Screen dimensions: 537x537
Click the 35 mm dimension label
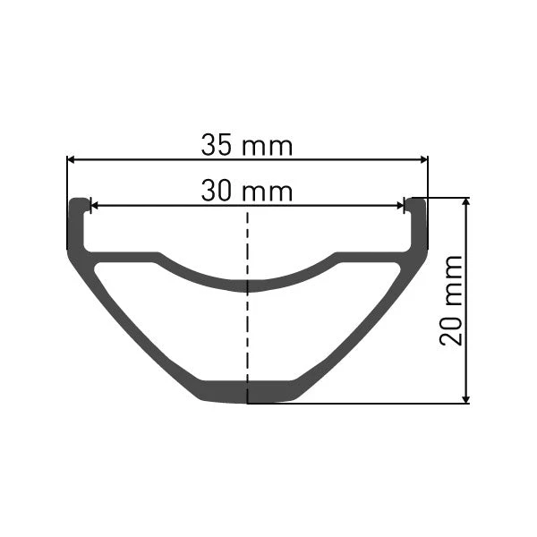point(247,145)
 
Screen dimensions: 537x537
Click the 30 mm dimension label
point(247,191)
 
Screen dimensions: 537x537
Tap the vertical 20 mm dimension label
point(451,300)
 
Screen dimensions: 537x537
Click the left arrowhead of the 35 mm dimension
point(71,159)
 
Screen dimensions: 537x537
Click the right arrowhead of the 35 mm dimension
point(424,159)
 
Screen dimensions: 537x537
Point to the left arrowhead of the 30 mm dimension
point(94,206)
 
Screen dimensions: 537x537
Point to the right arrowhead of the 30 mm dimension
point(400,206)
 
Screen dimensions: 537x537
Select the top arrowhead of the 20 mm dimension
point(465,202)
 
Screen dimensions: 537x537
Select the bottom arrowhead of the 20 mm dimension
point(465,399)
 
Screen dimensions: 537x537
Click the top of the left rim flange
point(78,199)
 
